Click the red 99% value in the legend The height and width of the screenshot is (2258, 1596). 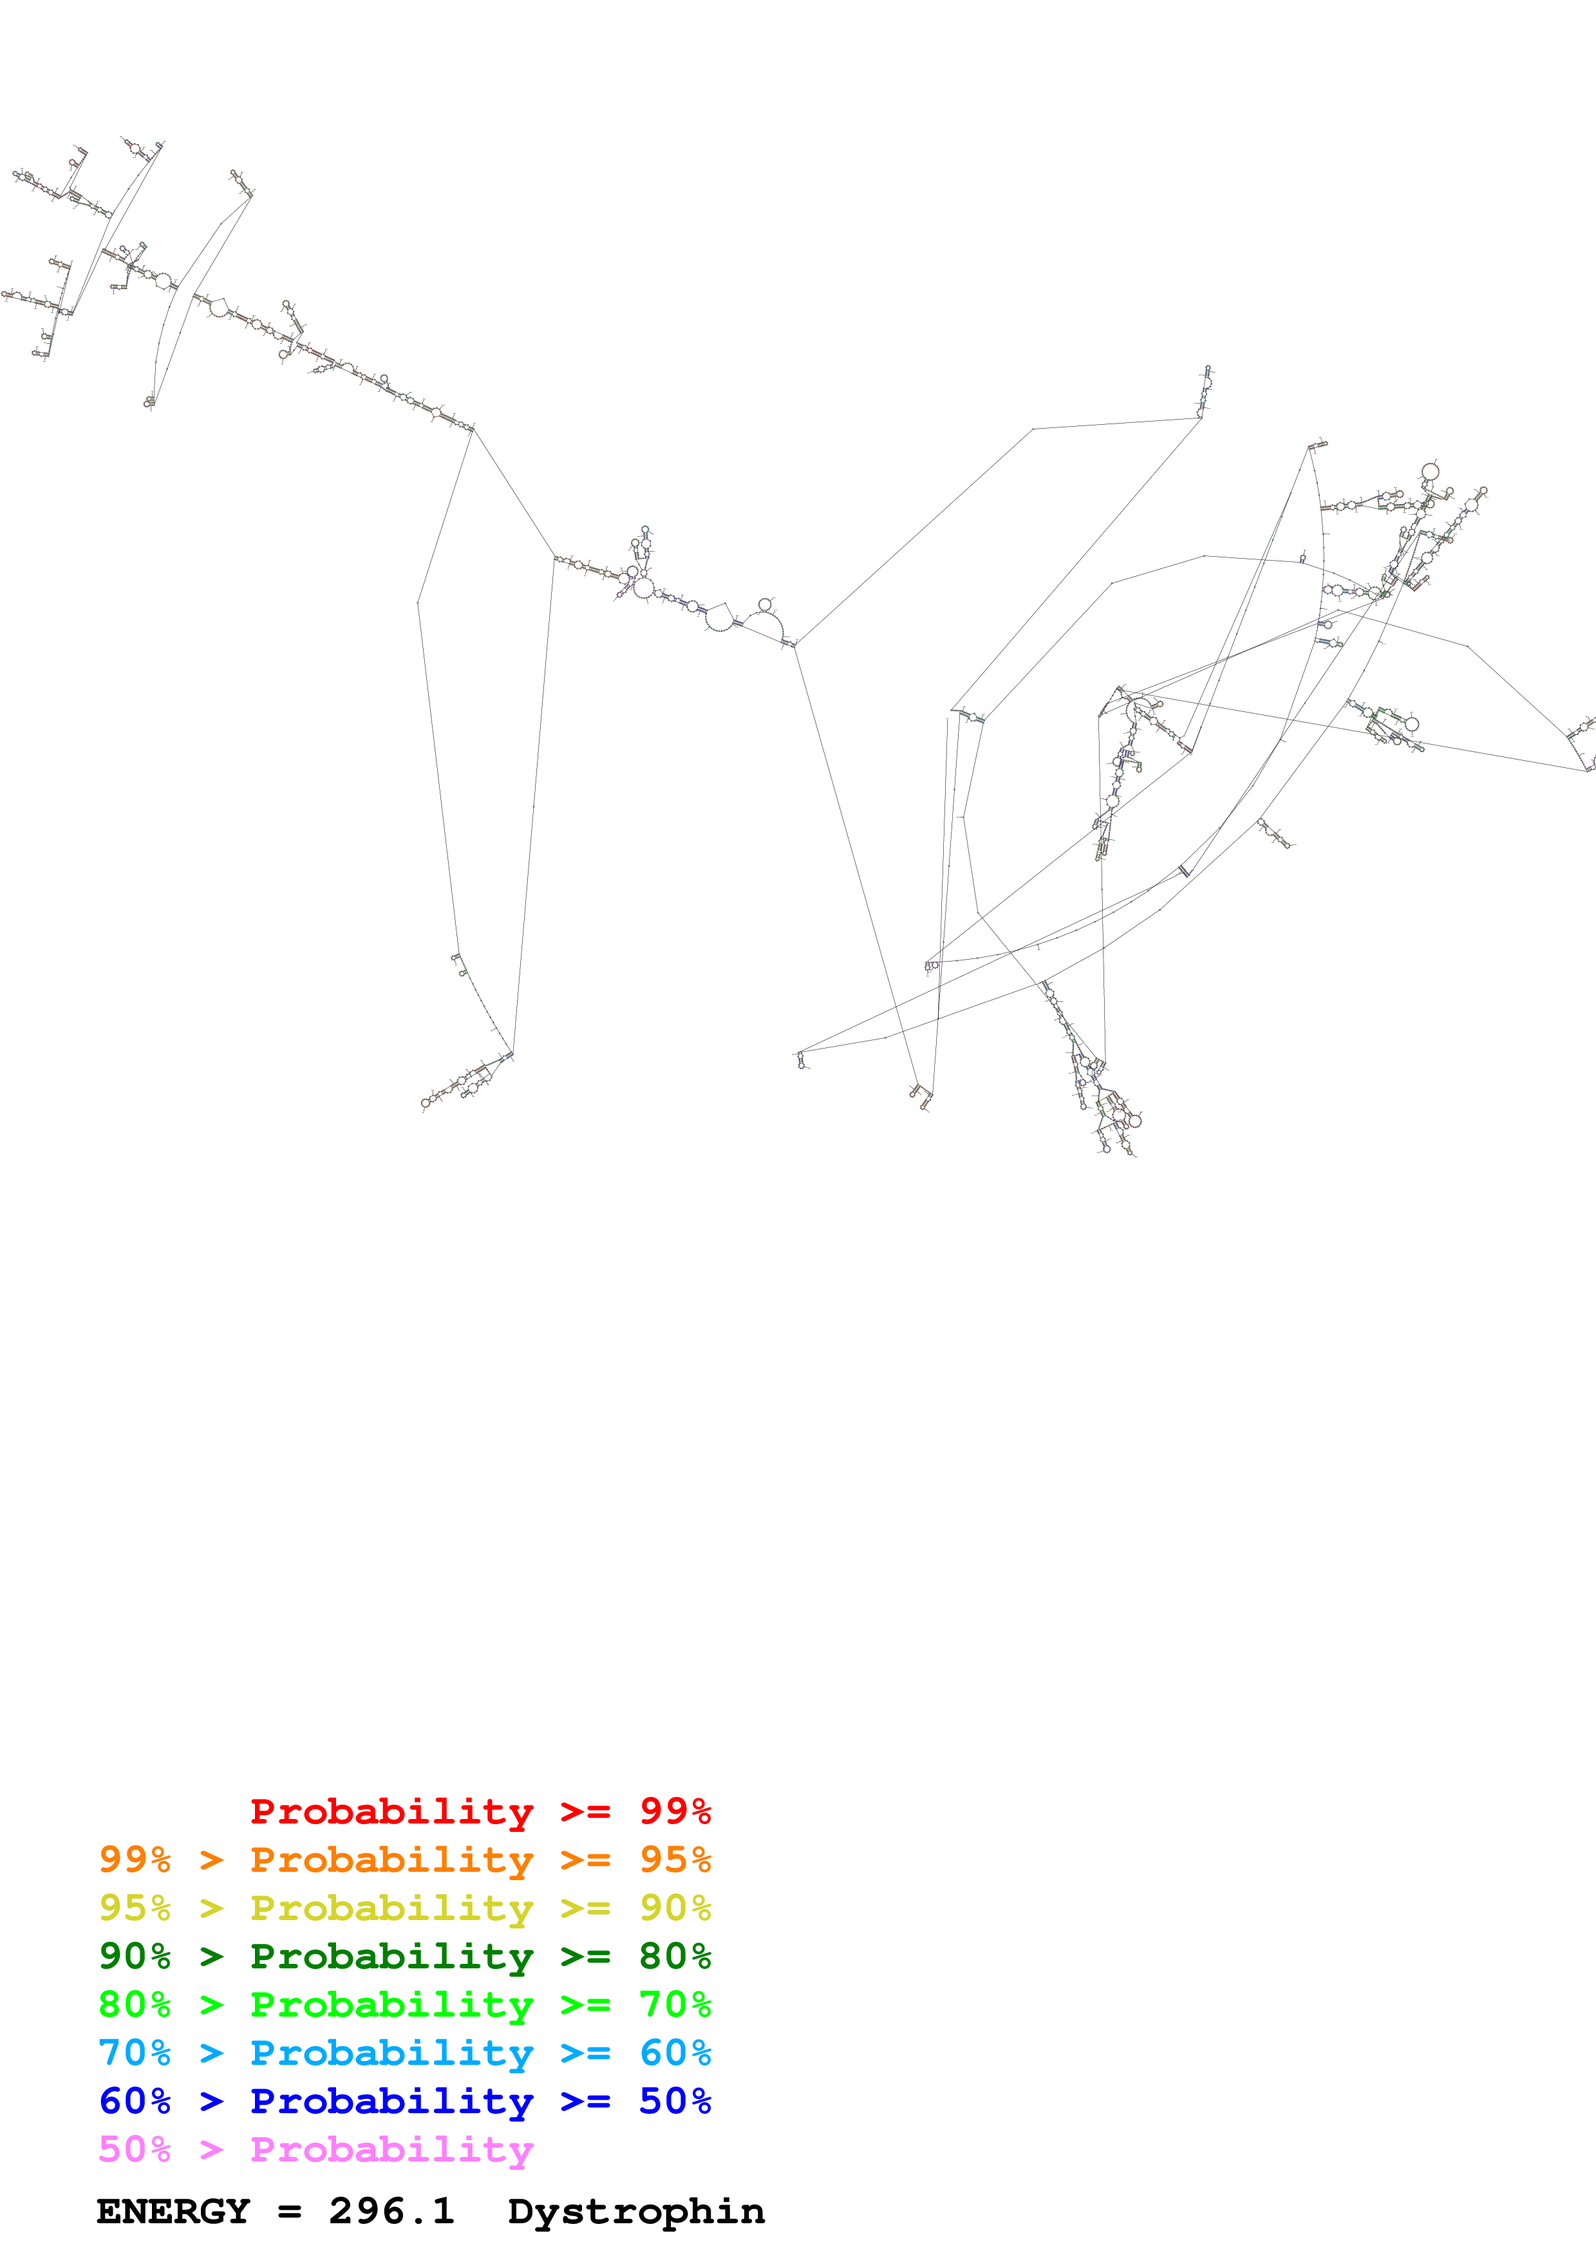tap(675, 1811)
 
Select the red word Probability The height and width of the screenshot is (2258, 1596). tap(391, 1811)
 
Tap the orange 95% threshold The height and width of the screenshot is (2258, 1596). tap(675, 1860)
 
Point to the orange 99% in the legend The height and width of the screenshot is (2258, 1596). tap(135, 1860)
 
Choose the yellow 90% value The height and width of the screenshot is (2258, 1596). tap(675, 1908)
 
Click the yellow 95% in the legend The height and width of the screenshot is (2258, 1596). tap(135, 1908)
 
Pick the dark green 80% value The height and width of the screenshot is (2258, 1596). tap(675, 1956)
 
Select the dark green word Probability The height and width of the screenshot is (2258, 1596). tap(391, 1956)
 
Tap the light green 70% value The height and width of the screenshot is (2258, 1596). tap(675, 2004)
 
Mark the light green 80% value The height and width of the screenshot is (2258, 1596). tap(135, 2004)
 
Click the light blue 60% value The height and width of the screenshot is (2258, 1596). tap(675, 2053)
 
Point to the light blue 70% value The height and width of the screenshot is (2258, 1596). tap(135, 2053)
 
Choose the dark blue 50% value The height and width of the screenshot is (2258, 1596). tap(675, 2101)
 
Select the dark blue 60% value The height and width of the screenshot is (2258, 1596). tap(135, 2101)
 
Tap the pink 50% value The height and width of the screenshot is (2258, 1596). tap(135, 2149)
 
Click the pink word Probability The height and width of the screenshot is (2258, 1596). tap(391, 2149)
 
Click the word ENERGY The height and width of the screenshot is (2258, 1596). tap(173, 2212)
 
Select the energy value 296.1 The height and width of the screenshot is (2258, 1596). tap(391, 2212)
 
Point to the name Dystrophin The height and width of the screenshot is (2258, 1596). tap(636, 2212)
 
